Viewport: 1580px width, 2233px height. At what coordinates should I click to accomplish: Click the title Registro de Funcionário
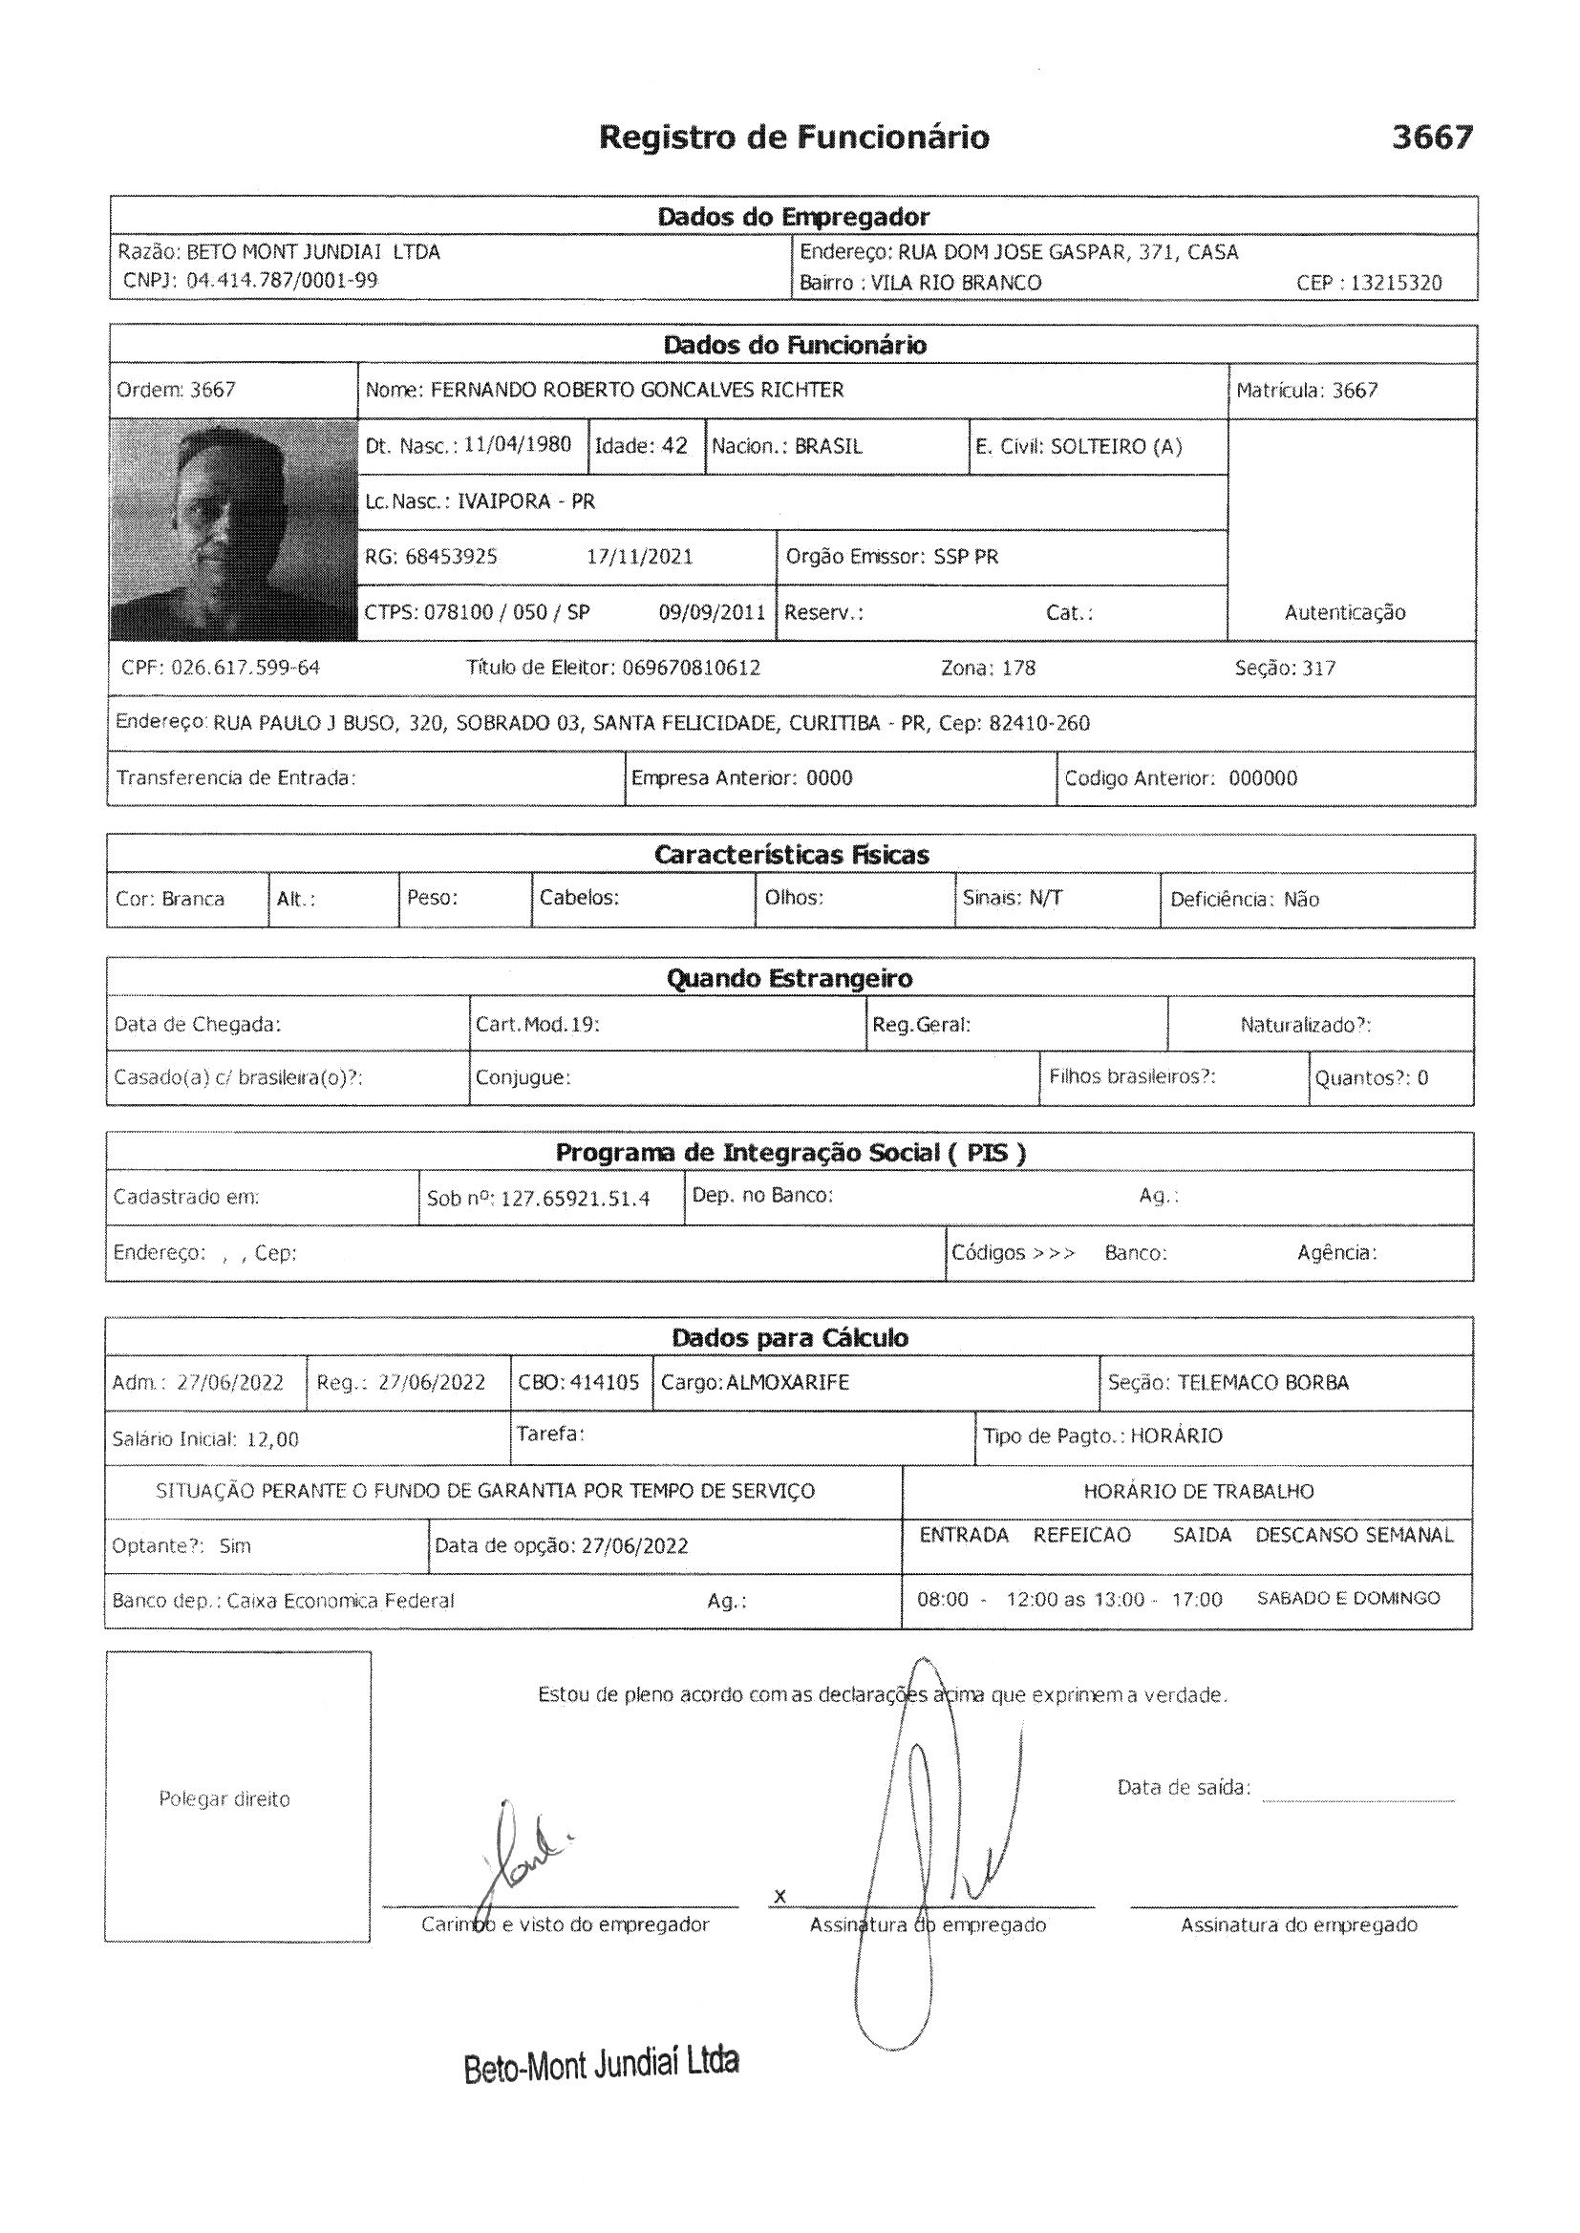click(794, 138)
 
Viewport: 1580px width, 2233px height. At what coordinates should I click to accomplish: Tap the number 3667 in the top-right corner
click(1431, 138)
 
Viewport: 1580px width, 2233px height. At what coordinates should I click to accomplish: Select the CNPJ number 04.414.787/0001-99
click(282, 281)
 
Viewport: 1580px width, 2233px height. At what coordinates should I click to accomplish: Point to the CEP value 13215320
click(1397, 283)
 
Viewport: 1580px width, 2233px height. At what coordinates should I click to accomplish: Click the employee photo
click(233, 529)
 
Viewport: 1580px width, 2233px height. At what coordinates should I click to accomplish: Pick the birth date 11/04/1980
click(517, 445)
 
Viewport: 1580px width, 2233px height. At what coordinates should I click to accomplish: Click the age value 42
click(674, 445)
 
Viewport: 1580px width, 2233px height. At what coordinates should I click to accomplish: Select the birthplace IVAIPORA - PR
click(525, 501)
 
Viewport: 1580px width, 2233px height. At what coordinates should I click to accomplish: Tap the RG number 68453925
click(452, 557)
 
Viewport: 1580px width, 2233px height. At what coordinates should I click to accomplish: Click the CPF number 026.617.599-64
click(246, 669)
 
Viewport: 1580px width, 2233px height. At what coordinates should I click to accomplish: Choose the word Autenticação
click(1345, 613)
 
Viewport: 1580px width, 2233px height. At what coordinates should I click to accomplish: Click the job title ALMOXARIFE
click(787, 1383)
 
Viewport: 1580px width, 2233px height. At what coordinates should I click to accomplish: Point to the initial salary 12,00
click(272, 1439)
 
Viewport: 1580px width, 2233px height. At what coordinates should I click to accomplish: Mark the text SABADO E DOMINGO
click(1349, 1598)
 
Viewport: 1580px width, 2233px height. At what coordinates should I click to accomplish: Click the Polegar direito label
click(224, 1799)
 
